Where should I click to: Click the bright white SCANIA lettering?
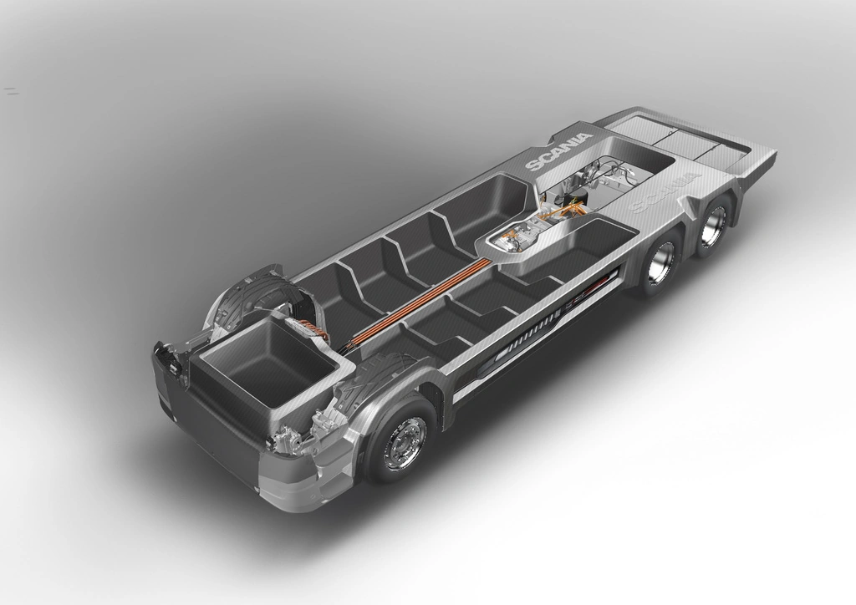[x=558, y=151]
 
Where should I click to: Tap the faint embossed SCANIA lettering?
[x=665, y=191]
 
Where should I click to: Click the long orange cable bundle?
[x=420, y=299]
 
